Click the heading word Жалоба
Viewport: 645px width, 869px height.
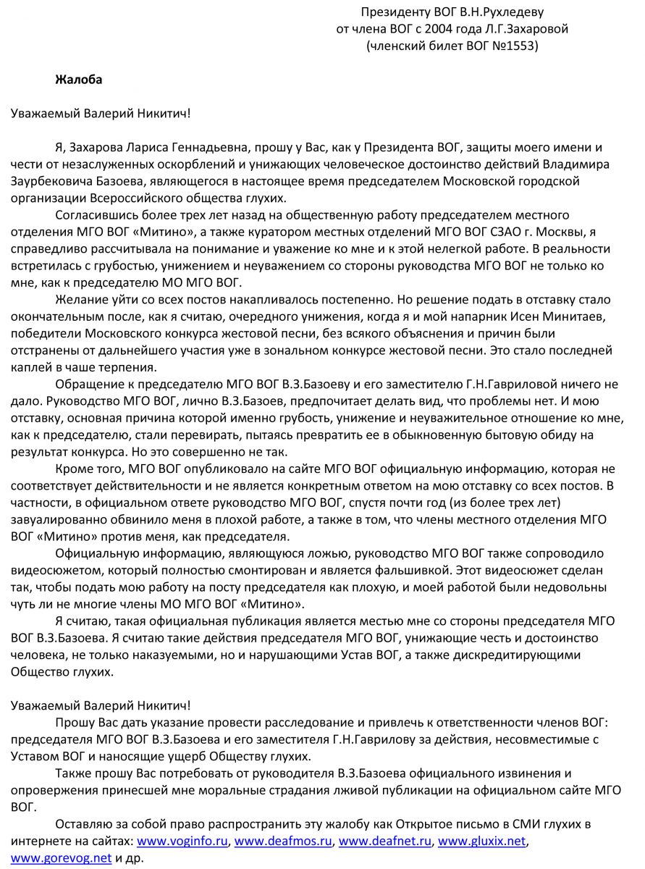pyautogui.click(x=78, y=80)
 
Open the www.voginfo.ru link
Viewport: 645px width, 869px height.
pyautogui.click(x=182, y=841)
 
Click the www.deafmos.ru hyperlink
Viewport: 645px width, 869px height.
pyautogui.click(x=284, y=841)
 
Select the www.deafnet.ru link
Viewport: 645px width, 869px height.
pyautogui.click(x=386, y=841)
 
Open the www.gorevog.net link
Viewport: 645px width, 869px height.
pyautogui.click(x=61, y=858)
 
